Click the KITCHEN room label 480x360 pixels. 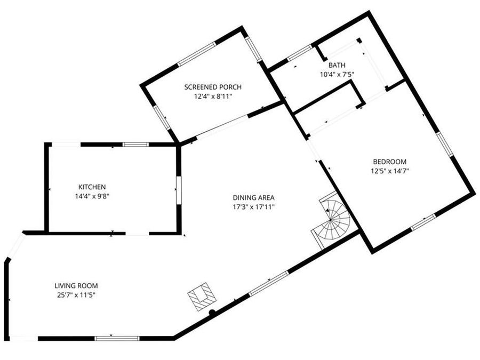(92, 187)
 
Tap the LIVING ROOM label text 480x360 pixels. (76, 286)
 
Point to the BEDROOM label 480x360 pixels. (389, 162)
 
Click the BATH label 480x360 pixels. (337, 66)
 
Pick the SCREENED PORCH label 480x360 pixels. (213, 87)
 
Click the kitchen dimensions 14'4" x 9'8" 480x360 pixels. (92, 196)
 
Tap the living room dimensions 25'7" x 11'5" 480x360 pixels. (76, 294)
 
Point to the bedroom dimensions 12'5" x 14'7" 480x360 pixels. (389, 171)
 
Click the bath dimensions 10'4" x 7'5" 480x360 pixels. (337, 75)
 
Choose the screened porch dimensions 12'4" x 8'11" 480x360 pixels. (213, 97)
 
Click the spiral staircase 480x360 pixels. (332, 218)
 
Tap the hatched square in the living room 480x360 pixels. (202, 296)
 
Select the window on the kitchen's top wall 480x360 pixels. (135, 144)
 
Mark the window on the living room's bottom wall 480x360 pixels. (117, 338)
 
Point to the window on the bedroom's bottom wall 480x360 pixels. (423, 222)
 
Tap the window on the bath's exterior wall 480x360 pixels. (300, 53)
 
